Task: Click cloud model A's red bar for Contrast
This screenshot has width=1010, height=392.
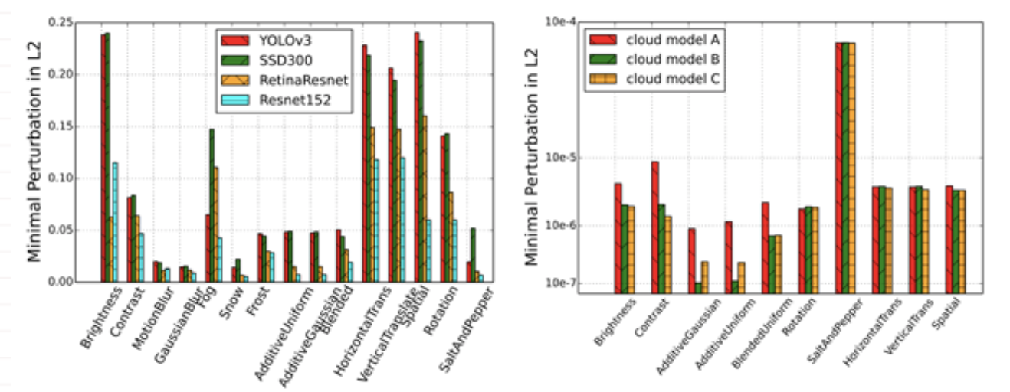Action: click(x=655, y=227)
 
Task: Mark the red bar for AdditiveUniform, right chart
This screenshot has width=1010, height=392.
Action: click(x=729, y=257)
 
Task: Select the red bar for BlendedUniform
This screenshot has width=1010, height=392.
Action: click(x=766, y=247)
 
